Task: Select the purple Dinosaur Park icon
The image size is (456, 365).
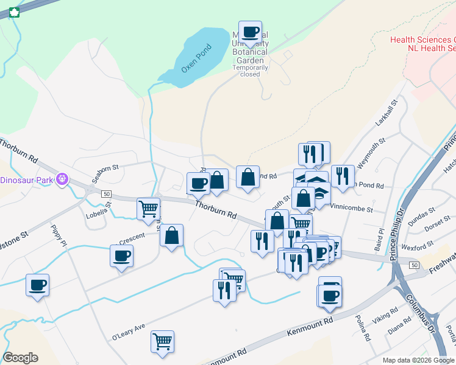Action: point(62,179)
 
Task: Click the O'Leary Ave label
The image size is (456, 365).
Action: point(128,332)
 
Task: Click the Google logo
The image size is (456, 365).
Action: point(20,358)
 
